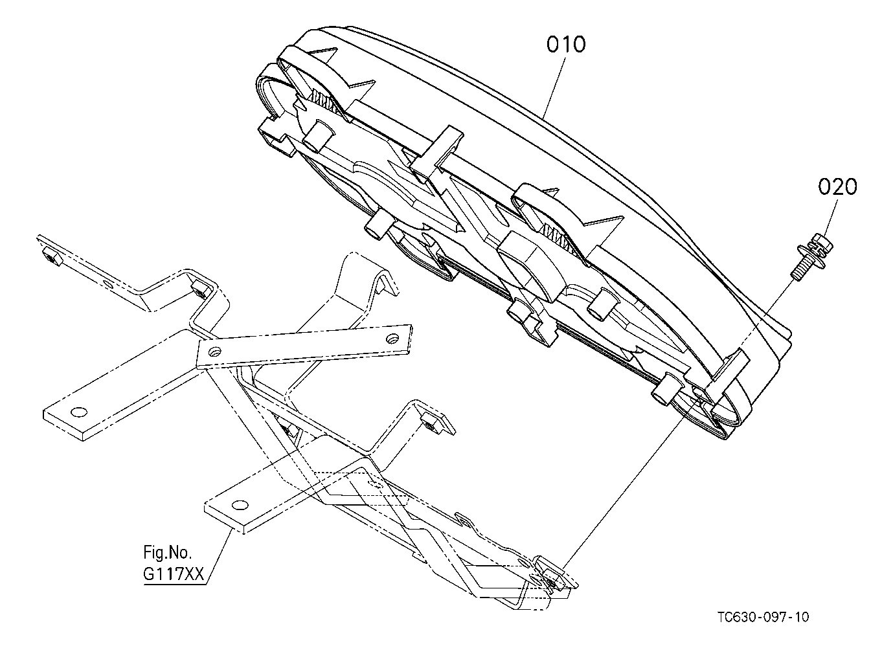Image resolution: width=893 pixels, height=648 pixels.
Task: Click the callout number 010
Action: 566,44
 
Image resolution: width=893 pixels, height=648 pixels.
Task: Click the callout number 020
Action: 837,186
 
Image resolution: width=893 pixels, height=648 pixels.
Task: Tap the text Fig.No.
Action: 168,553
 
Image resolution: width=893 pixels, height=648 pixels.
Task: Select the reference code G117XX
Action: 174,574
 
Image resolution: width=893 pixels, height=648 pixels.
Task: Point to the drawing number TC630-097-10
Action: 763,618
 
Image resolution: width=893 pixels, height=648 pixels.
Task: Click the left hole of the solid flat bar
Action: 216,352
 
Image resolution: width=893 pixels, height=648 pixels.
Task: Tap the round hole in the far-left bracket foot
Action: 78,412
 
